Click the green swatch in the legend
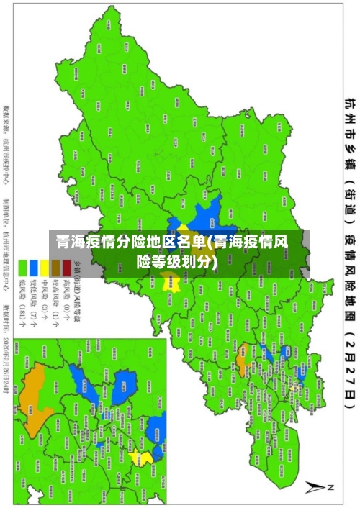pyautogui.click(x=22, y=268)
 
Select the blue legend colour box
pyautogui.click(x=33, y=268)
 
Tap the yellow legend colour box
pyautogui.click(x=44, y=268)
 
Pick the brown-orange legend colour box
pyautogui.click(x=55, y=268)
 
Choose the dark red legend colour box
pyautogui.click(x=66, y=268)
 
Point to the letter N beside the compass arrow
pyautogui.click(x=332, y=487)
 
